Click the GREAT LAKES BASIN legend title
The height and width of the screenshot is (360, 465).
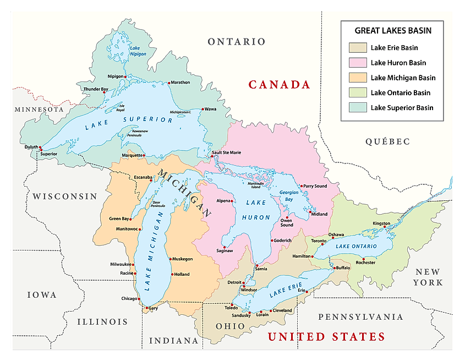click(393, 31)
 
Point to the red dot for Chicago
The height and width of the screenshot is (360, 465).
click(139, 299)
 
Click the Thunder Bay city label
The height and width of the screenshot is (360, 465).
click(96, 89)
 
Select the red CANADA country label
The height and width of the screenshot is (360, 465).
click(280, 85)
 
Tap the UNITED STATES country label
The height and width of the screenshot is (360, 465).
click(326, 336)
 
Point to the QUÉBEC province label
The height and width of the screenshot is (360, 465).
click(387, 141)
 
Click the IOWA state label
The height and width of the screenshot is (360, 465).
click(42, 295)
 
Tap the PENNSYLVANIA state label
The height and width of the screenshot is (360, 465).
click(361, 317)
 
